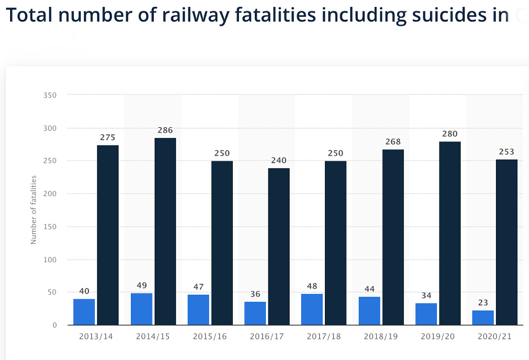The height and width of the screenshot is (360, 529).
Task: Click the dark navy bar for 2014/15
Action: [165, 231]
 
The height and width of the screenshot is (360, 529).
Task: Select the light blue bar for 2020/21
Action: [483, 318]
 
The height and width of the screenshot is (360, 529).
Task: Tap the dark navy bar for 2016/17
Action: [279, 247]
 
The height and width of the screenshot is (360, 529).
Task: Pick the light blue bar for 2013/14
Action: [84, 312]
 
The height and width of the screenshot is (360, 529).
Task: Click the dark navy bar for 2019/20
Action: [450, 234]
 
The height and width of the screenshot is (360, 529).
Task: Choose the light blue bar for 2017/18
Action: [312, 309]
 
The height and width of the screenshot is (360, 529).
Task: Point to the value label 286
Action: [165, 130]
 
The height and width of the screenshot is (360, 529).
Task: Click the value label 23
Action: [483, 303]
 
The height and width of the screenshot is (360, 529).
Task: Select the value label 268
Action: [393, 142]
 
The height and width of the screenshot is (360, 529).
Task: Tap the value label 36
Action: [255, 294]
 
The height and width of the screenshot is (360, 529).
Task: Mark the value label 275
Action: [108, 137]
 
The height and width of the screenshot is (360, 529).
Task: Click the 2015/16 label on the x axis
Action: [210, 337]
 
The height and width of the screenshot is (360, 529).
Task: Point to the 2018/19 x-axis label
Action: [381, 337]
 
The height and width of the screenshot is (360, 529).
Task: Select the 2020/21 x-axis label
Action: [495, 337]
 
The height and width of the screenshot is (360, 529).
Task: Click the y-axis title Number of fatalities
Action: [34, 210]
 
